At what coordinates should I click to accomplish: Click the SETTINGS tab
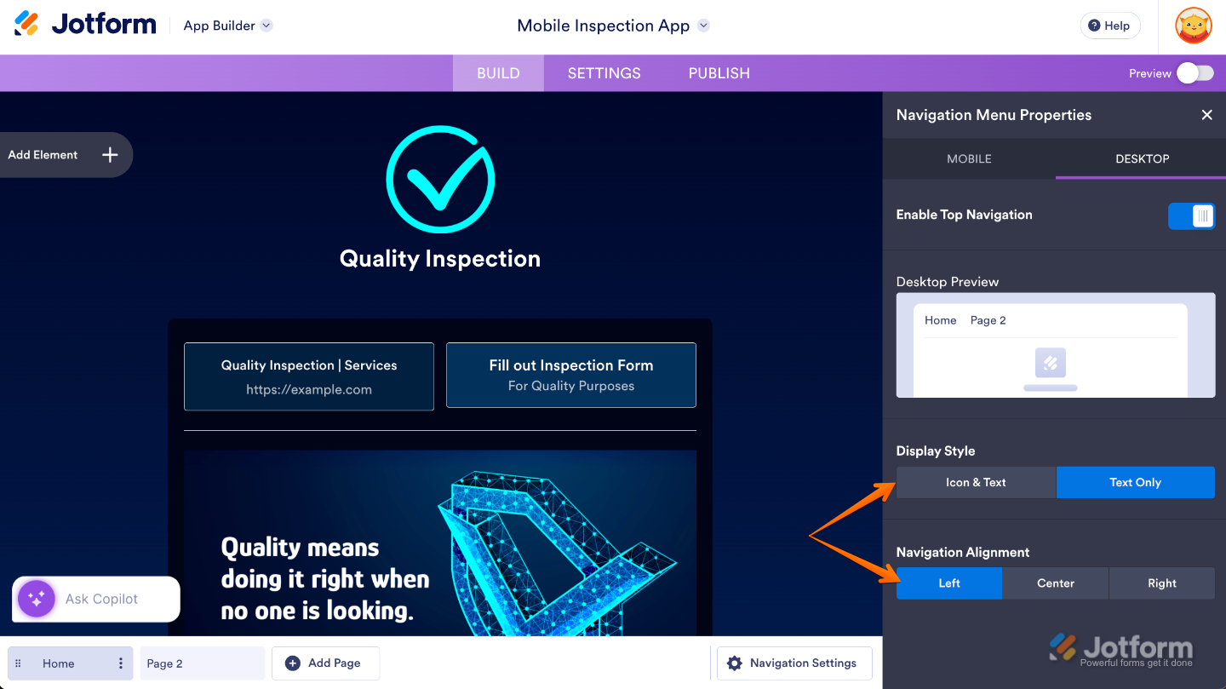pos(604,73)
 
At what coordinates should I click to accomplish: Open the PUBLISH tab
pos(719,73)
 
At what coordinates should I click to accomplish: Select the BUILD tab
pos(498,73)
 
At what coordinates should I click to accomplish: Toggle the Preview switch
pos(1195,73)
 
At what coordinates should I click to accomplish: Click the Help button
pos(1109,26)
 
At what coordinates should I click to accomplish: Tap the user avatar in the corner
pos(1193,26)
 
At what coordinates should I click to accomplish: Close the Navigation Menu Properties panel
pos(1206,115)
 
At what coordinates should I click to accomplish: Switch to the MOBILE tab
pos(969,158)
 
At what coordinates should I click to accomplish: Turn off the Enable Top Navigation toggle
pos(1191,215)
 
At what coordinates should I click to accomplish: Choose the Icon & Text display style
pos(976,483)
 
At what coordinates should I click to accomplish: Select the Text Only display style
pos(1135,483)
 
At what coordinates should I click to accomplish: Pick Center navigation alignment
pos(1055,583)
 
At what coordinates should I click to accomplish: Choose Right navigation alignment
pos(1161,583)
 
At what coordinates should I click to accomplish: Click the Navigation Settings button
pos(794,663)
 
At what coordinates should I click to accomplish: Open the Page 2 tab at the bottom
pos(202,663)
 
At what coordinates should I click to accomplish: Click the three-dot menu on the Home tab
pos(120,663)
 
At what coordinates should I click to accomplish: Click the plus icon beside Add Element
pos(110,155)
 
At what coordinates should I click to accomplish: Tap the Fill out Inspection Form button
pos(570,376)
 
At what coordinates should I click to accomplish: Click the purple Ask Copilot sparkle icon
pos(36,599)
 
